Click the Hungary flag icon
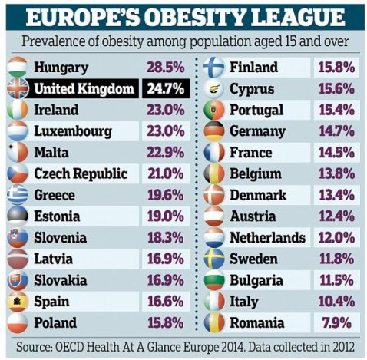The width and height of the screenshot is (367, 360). (x=16, y=68)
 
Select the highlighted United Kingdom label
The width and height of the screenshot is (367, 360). (x=84, y=89)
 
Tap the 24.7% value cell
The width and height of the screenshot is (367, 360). (x=164, y=89)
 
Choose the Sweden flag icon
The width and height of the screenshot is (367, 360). (x=214, y=259)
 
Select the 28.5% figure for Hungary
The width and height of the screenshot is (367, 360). (x=164, y=68)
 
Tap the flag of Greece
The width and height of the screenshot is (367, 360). (x=16, y=195)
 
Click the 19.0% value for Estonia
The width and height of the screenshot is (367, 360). (x=164, y=216)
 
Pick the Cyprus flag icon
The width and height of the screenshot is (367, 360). (x=214, y=89)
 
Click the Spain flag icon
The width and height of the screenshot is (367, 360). (x=16, y=301)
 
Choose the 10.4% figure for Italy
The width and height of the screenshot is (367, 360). (x=337, y=301)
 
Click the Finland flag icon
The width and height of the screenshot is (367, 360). (x=214, y=68)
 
